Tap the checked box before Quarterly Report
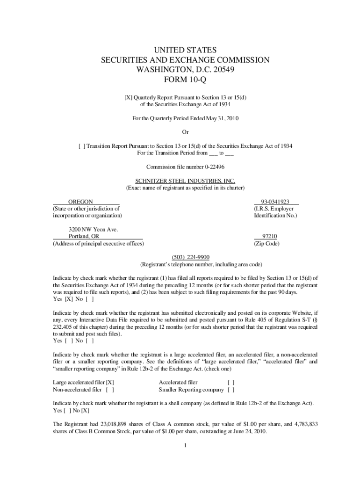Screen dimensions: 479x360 128,97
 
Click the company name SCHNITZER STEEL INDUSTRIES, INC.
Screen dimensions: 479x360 185,181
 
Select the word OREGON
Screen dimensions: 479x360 80,202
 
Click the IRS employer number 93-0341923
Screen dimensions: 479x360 276,202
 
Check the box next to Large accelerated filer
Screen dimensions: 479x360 110,382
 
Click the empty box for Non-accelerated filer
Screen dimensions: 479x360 110,389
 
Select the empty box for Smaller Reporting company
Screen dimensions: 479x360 230,389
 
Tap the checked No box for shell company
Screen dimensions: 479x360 85,411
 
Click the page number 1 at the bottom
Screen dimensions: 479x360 185,445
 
